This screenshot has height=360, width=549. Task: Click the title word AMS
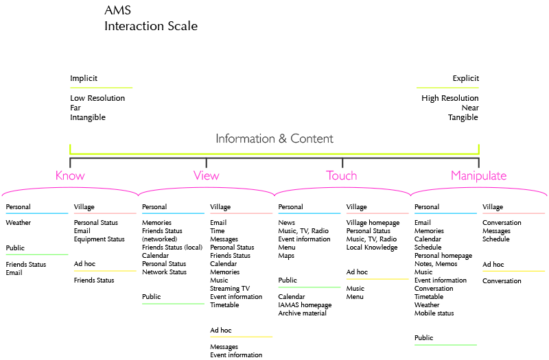(x=117, y=10)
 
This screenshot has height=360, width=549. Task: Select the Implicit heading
(x=84, y=78)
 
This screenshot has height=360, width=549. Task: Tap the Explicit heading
(x=466, y=78)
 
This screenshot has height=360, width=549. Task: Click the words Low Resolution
(x=97, y=98)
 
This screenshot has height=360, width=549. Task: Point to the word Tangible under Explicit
(x=463, y=117)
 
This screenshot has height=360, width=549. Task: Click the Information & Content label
(x=274, y=139)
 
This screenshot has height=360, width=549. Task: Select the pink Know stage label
(x=70, y=176)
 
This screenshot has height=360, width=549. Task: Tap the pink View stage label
(x=207, y=176)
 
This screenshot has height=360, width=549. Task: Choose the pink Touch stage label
(x=341, y=176)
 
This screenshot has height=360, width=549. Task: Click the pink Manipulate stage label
(x=478, y=176)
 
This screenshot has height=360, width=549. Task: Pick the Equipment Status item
(x=99, y=239)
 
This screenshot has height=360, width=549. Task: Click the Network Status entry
(x=164, y=272)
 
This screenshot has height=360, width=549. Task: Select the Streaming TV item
(x=230, y=289)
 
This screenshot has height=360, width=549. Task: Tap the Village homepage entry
(x=373, y=223)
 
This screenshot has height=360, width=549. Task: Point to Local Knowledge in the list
(x=372, y=248)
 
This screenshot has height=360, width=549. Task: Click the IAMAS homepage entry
(x=305, y=305)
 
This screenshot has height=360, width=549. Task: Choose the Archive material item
(x=302, y=313)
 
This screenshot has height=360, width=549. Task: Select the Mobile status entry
(x=434, y=313)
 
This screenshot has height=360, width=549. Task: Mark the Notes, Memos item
(x=436, y=264)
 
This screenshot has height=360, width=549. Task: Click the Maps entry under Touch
(x=286, y=256)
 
